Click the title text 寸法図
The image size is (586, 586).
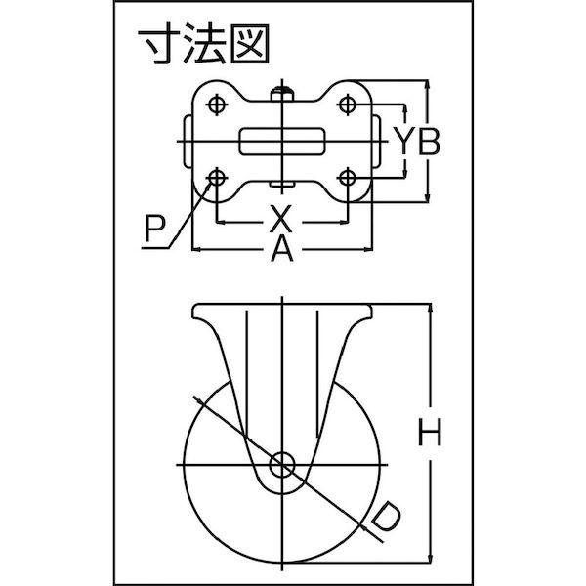point(204,44)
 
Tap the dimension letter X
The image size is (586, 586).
point(281,219)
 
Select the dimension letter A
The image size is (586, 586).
point(282,249)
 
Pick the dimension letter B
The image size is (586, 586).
point(429,142)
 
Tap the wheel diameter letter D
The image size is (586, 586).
point(387,518)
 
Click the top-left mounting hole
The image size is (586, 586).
point(217,105)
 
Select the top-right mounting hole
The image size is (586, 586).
point(348,105)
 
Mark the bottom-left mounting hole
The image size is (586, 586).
point(217,177)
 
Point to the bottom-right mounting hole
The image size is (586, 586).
point(348,177)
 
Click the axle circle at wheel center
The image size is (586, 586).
point(282,465)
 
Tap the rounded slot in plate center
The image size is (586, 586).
point(282,142)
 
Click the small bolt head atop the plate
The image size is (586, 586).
point(282,94)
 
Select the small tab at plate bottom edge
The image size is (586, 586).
point(282,185)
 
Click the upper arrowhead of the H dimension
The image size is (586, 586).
point(431,311)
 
